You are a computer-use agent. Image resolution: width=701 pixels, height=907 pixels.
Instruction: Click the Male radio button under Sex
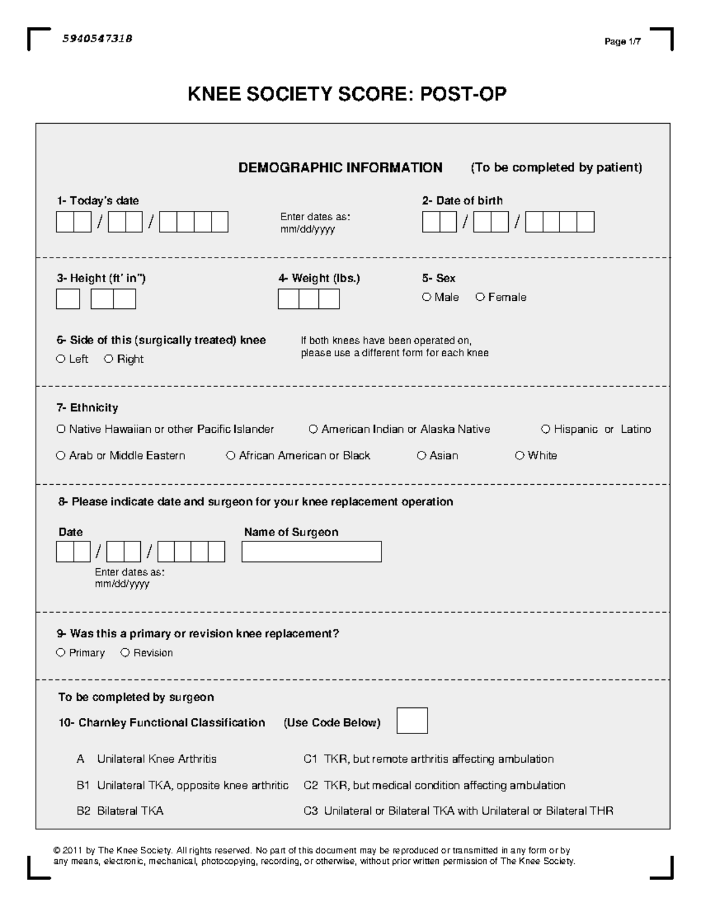[x=426, y=297]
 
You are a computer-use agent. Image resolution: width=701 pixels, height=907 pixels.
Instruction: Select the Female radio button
[x=480, y=297]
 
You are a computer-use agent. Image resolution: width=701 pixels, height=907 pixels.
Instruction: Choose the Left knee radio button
[x=61, y=359]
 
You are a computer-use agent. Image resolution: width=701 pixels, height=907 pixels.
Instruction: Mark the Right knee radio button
[x=109, y=359]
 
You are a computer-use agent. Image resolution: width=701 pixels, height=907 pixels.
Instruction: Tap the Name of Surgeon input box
[x=311, y=551]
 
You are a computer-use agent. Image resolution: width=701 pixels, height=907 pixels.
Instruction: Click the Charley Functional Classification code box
[x=412, y=721]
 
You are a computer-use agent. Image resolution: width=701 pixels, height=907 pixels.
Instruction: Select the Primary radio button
[x=61, y=653]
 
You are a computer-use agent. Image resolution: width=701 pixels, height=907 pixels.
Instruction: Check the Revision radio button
[x=125, y=653]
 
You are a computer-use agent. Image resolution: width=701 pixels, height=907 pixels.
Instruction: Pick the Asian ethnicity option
[x=421, y=456]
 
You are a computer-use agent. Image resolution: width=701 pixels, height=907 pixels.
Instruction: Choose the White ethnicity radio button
[x=519, y=456]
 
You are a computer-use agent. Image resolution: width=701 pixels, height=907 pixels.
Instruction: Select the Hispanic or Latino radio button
[x=546, y=429]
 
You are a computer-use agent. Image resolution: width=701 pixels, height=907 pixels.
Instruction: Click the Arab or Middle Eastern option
[x=61, y=456]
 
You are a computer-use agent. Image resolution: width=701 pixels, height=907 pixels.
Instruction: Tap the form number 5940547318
[x=97, y=39]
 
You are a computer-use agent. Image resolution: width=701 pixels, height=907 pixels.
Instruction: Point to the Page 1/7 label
[x=623, y=41]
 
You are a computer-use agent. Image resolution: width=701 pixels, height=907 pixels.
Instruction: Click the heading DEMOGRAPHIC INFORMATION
[x=340, y=168]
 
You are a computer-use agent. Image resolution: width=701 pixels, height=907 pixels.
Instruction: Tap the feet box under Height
[x=68, y=299]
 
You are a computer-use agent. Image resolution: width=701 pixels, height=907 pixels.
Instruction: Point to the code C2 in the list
[x=310, y=786]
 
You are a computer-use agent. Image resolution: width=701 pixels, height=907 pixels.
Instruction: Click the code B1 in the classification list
[x=83, y=786]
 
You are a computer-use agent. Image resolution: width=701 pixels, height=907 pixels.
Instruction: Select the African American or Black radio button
[x=231, y=456]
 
